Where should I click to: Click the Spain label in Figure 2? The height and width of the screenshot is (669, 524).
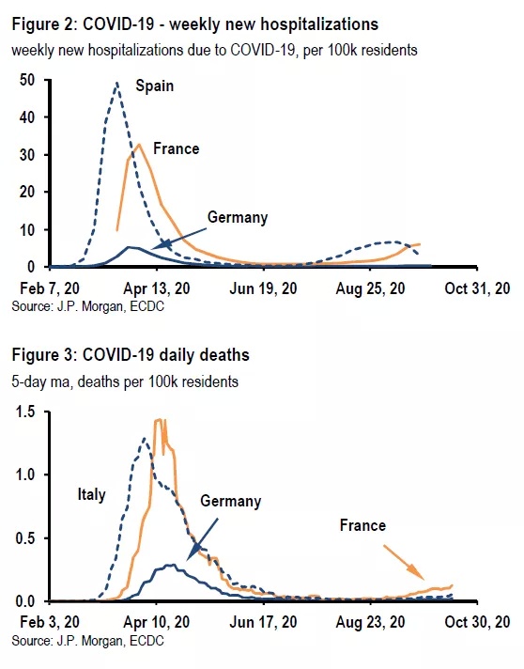154,86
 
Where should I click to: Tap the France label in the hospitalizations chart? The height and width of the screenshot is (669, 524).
177,148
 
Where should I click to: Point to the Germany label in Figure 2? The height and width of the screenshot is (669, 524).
238,218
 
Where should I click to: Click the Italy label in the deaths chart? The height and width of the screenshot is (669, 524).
91,495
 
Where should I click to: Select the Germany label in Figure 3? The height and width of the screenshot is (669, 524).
231,501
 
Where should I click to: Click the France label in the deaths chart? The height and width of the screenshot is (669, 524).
362,525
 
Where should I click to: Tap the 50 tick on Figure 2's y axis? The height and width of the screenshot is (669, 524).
27,80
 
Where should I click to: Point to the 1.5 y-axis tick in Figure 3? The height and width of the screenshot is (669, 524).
25,412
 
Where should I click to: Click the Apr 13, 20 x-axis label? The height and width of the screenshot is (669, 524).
157,288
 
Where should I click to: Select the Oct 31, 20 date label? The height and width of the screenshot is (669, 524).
477,288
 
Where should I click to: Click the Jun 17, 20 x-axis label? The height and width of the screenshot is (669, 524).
263,622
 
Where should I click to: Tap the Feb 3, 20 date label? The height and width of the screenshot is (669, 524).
50,622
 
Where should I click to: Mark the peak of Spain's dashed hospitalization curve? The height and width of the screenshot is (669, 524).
116,83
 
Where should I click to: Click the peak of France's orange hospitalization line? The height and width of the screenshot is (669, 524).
139,144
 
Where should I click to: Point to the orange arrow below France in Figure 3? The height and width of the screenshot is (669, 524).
404,562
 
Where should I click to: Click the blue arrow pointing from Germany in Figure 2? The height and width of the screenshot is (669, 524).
179,238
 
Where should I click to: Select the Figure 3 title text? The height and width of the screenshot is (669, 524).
131,355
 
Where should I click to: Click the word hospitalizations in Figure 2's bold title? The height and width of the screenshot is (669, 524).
319,24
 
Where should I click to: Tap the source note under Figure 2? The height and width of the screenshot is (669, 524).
88,306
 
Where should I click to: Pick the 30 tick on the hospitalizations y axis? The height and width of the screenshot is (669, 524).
27,155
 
